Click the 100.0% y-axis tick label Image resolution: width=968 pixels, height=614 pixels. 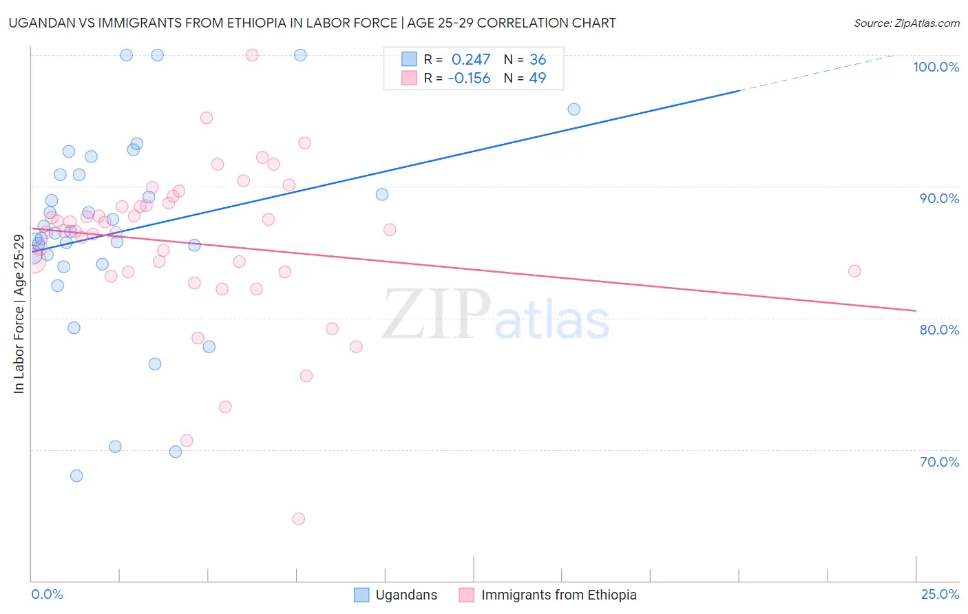pos(936,67)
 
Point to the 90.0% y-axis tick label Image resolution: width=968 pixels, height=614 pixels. pos(939,198)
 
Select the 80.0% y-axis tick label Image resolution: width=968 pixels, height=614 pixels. pos(939,330)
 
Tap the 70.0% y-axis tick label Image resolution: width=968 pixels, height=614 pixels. pos(939,462)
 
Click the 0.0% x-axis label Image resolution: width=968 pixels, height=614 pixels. pos(47,594)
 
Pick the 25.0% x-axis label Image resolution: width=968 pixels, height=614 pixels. pos(940,594)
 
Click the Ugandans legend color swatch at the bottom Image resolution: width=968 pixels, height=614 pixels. pos(361,595)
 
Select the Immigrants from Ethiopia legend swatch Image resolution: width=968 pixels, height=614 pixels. pos(467,595)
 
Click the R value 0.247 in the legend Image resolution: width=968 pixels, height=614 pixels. pos(471,59)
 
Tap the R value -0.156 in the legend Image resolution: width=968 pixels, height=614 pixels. pos(469,78)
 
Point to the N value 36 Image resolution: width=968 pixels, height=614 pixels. pos(538,59)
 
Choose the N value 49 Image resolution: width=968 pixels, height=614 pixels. pos(538,78)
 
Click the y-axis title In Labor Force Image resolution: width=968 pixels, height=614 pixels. pos(19,314)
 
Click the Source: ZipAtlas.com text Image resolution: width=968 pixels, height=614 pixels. pos(906,23)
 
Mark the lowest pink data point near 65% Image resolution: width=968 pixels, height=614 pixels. pos(299,518)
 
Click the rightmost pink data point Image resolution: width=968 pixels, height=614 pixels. pos(854,271)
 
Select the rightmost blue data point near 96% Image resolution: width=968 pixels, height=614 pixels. pos(574,109)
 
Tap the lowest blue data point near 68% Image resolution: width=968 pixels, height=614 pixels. pos(76,476)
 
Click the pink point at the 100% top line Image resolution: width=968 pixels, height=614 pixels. pos(252,55)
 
